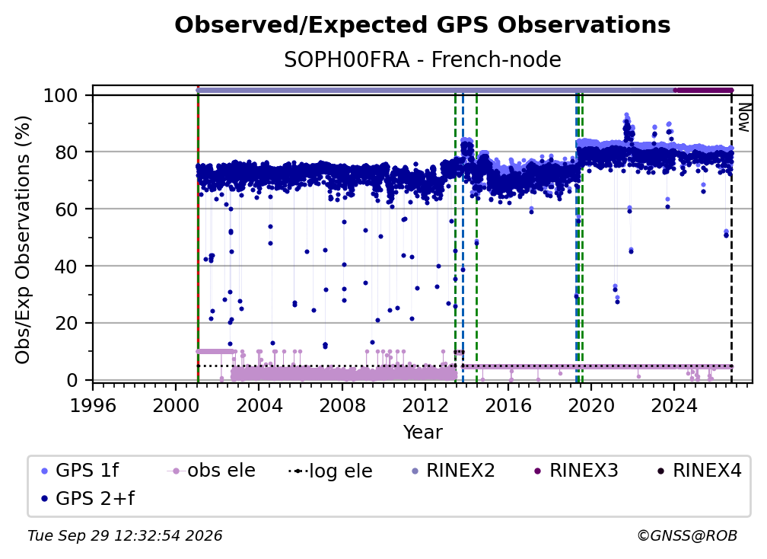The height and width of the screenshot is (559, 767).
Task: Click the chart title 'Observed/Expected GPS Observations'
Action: [x=422, y=25]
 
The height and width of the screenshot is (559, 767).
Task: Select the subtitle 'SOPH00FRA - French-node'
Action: [x=422, y=60]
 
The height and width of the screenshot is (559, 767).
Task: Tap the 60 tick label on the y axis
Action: [x=66, y=209]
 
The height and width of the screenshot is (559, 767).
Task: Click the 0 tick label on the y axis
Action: [x=72, y=380]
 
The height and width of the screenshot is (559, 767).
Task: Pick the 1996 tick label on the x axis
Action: [x=93, y=406]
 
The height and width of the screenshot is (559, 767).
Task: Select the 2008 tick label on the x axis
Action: [x=342, y=406]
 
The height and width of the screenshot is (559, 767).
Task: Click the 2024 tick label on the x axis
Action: [x=673, y=406]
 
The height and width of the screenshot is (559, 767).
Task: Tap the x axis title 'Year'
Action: [x=422, y=433]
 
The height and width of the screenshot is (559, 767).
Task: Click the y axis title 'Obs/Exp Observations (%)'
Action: [x=23, y=240]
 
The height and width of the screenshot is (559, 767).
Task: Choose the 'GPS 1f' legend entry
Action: [x=80, y=471]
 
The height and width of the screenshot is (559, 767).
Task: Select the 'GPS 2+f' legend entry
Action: [x=88, y=499]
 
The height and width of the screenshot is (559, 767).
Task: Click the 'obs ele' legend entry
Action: [x=212, y=471]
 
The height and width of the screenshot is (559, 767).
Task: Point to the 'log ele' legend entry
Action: [x=331, y=471]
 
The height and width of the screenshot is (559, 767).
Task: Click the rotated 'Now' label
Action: [x=743, y=117]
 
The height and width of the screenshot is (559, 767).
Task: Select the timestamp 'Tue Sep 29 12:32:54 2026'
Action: [x=125, y=536]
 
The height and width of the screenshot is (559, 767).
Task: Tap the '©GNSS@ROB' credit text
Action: [x=687, y=536]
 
